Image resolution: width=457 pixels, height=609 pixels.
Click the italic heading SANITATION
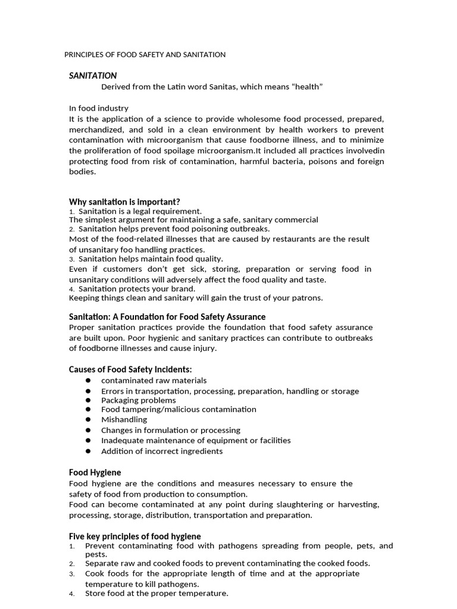click(93, 76)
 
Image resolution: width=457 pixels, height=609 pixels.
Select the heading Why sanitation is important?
click(124, 202)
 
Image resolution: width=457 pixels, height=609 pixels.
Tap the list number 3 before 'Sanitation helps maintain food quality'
click(71, 259)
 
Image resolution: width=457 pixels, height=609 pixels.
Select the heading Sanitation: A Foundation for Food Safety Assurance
click(167, 316)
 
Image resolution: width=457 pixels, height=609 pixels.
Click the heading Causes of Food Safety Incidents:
click(130, 369)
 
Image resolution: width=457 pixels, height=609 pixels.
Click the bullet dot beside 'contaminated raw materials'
click(88, 380)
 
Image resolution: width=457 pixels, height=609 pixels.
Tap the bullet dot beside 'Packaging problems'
click(88, 400)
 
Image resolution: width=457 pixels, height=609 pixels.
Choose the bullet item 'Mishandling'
click(124, 419)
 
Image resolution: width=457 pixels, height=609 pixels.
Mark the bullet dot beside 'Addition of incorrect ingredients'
click(88, 451)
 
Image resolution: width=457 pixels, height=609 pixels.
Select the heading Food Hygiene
click(95, 472)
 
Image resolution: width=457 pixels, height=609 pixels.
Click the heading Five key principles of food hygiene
click(135, 536)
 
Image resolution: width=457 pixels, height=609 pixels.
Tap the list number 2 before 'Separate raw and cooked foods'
click(71, 564)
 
